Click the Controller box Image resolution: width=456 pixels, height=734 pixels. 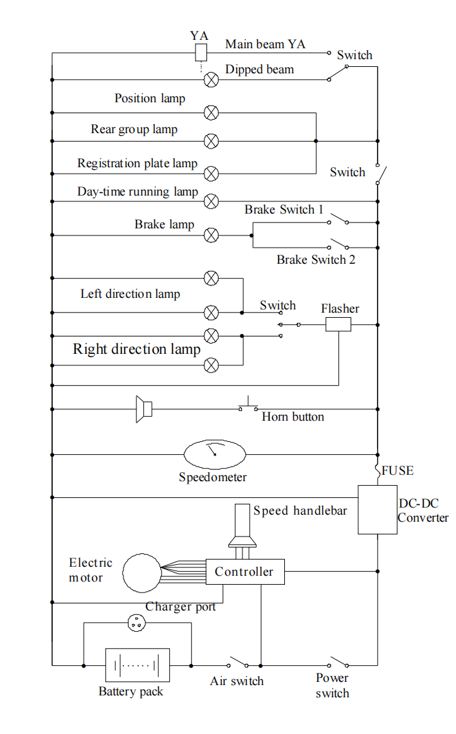coord(244,571)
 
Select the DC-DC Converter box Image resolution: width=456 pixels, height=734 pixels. coord(378,509)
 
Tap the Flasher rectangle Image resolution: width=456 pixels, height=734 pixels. coord(338,324)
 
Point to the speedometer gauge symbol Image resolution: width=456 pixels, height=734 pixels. coord(215,455)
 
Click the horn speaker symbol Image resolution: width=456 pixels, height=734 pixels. coord(143,409)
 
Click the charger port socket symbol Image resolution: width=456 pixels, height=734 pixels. coord(136,622)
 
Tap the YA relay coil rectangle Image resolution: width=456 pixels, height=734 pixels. coord(201,53)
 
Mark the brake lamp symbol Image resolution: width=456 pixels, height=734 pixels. coord(211,235)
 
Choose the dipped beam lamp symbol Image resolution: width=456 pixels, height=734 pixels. coord(211,80)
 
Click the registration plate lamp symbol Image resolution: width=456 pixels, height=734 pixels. coord(211,173)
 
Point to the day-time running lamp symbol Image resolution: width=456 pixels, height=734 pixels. coord(211,201)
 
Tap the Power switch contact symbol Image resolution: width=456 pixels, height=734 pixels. coord(338,663)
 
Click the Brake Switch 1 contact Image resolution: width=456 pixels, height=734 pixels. coord(338,221)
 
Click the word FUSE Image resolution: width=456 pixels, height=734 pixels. coord(397,471)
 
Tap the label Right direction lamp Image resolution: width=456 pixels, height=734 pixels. coord(136,349)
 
